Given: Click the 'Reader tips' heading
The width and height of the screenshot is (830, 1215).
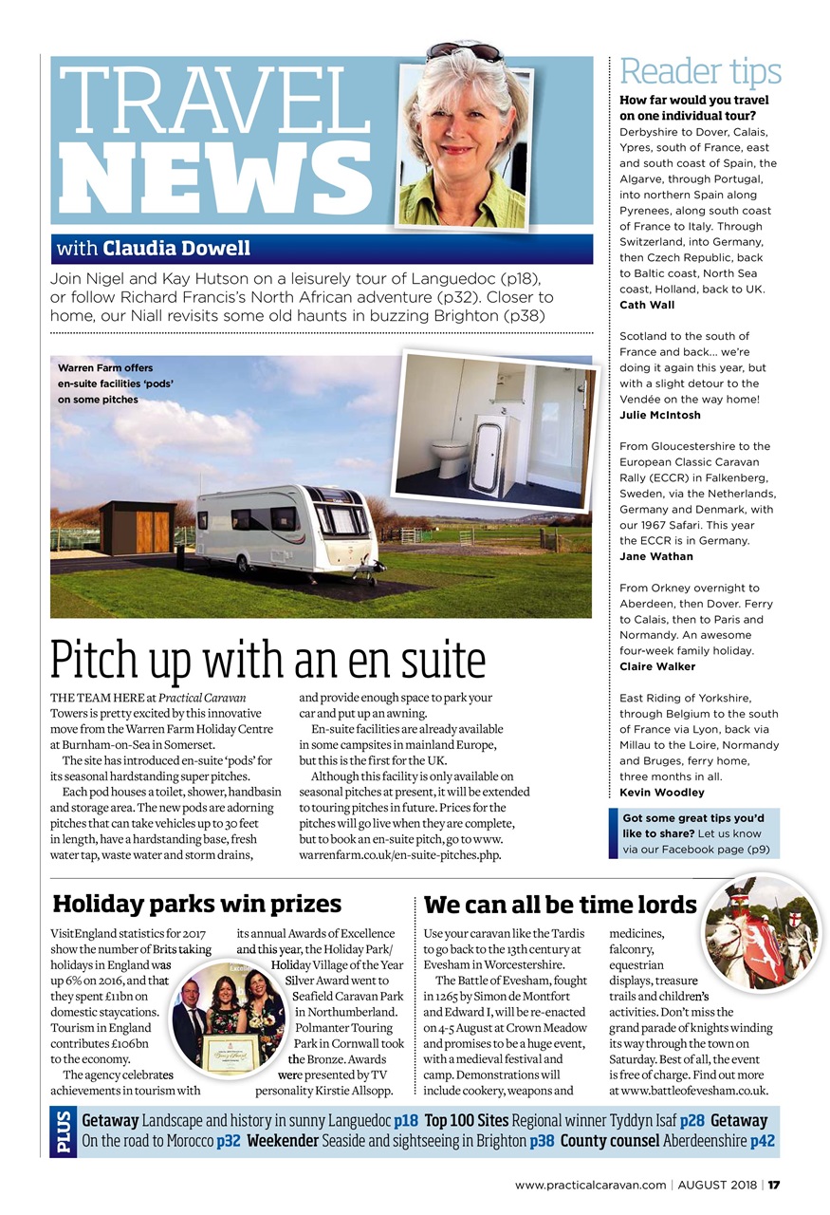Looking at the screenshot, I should click(700, 72).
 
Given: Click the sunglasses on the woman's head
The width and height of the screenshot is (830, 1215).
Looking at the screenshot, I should click(464, 50).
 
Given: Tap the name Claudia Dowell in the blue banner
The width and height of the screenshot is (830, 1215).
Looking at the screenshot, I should click(176, 249).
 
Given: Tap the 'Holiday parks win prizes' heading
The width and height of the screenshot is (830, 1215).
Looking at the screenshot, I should click(197, 903).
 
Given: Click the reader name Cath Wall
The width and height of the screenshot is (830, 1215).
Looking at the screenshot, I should click(647, 305).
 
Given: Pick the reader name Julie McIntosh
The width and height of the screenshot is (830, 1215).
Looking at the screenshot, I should click(659, 415).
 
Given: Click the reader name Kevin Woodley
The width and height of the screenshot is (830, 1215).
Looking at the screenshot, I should click(661, 792).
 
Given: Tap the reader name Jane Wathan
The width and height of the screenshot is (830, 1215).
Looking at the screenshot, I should click(655, 556).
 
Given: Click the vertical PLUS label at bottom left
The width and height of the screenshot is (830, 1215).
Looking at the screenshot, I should click(63, 1131).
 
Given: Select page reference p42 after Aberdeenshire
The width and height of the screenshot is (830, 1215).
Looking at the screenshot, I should click(762, 1140).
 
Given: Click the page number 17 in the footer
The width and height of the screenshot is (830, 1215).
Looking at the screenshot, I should click(774, 1185).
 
